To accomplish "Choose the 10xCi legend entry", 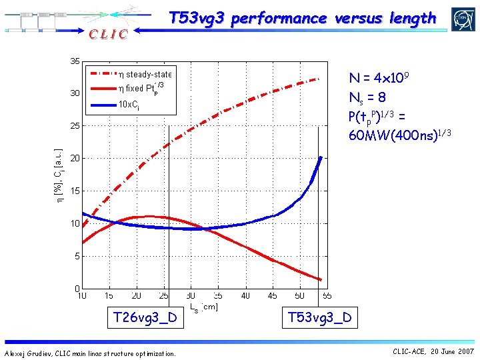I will click(x=128, y=104).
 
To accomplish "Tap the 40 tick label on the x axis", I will click(x=245, y=295).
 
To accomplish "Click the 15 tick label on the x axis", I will click(x=109, y=295).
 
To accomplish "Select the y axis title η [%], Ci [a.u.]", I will click(x=59, y=175).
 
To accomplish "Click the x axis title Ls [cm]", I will click(x=203, y=307).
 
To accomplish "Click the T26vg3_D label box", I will click(x=145, y=317).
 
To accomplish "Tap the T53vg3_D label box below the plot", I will click(x=319, y=317).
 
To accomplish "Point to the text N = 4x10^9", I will click(x=378, y=79).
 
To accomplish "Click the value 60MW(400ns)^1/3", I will click(x=400, y=135).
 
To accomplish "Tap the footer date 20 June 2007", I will click(x=453, y=351).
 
